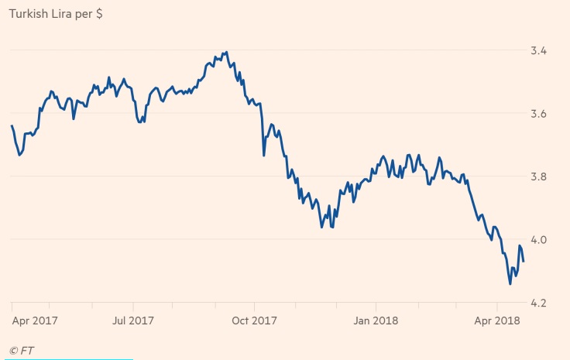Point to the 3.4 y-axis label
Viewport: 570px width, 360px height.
tap(539, 51)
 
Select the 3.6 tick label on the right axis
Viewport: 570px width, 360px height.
tap(539, 114)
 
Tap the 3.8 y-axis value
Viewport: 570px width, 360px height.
tap(539, 177)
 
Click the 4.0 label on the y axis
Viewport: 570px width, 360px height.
tap(539, 240)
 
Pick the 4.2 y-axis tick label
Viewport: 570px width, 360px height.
tap(539, 303)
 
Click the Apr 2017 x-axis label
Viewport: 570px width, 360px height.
tap(36, 319)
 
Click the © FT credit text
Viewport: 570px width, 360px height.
tap(22, 351)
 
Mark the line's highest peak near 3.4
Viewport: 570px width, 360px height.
tap(225, 52)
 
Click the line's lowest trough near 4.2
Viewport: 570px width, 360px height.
tap(510, 284)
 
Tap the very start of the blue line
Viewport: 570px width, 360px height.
tap(12, 125)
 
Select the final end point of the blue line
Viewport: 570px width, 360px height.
tap(524, 262)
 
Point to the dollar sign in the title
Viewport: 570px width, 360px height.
tap(99, 14)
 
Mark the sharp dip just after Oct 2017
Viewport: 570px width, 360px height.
tap(264, 156)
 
